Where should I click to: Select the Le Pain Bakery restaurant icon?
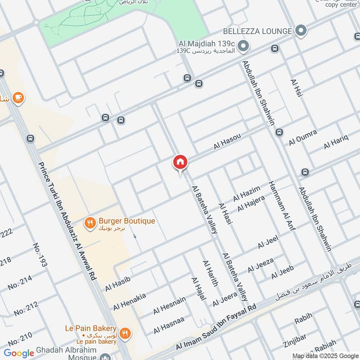click(x=125, y=333)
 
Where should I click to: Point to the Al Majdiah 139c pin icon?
click(x=243, y=45)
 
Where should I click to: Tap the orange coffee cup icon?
click(x=18, y=98)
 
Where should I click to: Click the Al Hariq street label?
click(x=336, y=142)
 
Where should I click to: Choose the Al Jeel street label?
click(x=268, y=241)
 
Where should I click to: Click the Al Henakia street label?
click(x=129, y=301)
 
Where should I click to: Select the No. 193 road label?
click(x=40, y=255)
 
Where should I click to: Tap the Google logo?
click(x=19, y=353)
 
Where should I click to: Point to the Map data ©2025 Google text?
click(x=325, y=355)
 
